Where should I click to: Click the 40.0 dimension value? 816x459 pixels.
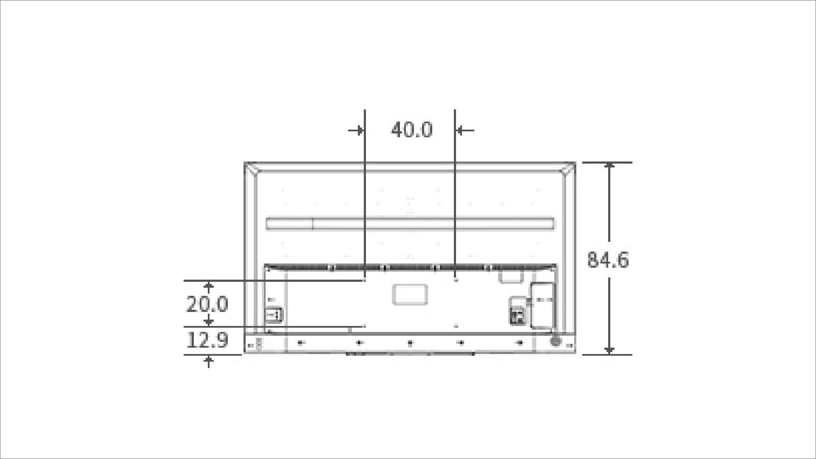tap(411, 130)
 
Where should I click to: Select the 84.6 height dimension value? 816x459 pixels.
tap(608, 260)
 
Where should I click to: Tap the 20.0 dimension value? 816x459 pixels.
tap(207, 304)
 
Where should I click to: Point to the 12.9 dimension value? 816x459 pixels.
tap(207, 340)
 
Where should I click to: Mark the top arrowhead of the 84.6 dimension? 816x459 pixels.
tap(610, 166)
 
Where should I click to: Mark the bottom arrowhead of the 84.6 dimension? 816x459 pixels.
tap(610, 350)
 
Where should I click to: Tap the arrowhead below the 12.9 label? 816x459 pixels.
tap(208, 360)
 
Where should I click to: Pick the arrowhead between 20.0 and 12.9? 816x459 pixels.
tap(208, 320)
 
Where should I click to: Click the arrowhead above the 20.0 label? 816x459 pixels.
tap(208, 286)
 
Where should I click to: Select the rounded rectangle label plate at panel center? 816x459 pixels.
tap(410, 295)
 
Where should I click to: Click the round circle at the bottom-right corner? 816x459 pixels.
tap(555, 340)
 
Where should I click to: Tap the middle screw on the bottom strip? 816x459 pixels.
tap(410, 343)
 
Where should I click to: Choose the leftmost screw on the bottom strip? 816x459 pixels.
tap(300, 342)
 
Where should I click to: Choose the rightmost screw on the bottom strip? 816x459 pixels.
tap(519, 342)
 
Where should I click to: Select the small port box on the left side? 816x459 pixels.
tap(274, 315)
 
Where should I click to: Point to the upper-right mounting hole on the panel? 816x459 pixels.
tap(456, 280)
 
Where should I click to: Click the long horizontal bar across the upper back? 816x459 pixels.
tap(410, 224)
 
